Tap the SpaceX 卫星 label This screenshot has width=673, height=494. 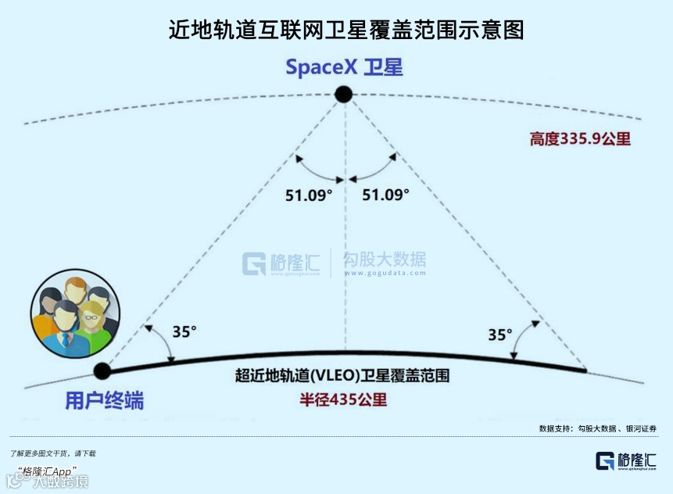tap(344, 67)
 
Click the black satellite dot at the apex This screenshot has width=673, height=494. tap(344, 95)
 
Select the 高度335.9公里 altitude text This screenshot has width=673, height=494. tap(580, 139)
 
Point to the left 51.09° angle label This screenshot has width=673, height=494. tap(308, 195)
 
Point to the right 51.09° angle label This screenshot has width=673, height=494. tap(385, 195)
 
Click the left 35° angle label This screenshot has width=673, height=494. tap(184, 331)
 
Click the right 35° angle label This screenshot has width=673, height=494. tap(500, 335)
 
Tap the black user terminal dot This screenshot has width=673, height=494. tap(102, 370)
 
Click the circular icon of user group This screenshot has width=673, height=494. tap(75, 312)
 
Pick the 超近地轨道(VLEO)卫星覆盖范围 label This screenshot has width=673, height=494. tap(342, 375)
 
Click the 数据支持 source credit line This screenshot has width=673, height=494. tap(598, 428)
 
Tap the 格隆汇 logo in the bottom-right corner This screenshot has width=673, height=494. tap(625, 461)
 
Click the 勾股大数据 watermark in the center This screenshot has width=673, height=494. tap(385, 260)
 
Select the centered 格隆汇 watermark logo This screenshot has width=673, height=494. tap(281, 263)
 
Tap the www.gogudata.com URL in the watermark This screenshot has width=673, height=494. tap(385, 274)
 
